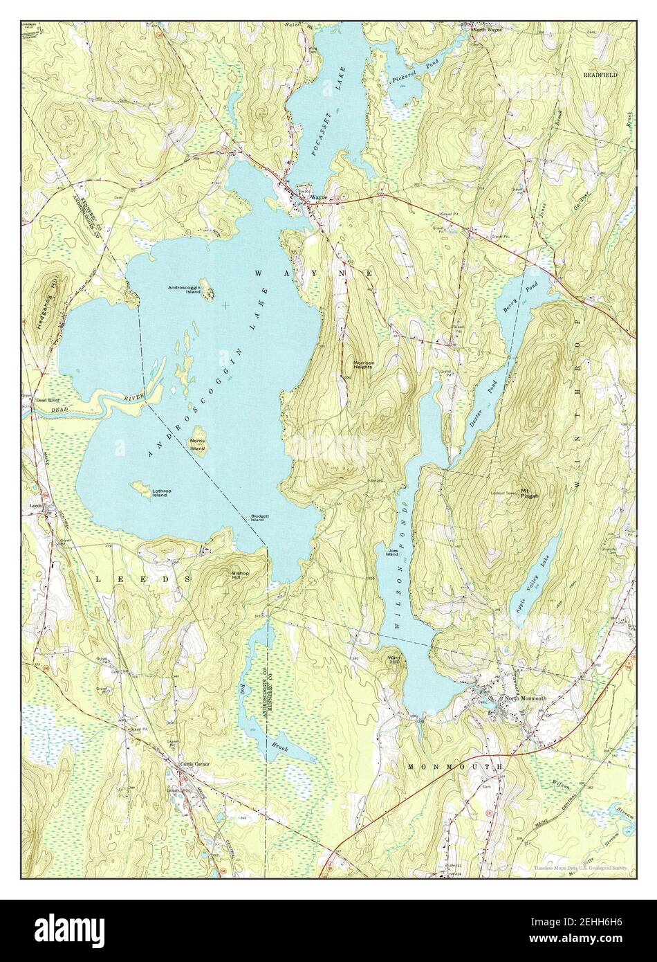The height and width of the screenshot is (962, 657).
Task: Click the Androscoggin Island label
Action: tap(183, 289)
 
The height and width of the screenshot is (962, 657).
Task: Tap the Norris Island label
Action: tap(198, 443)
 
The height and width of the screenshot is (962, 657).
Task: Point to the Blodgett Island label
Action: tap(259, 520)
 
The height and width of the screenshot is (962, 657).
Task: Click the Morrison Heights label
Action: tap(363, 363)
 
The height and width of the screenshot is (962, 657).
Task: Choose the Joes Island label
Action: tap(392, 552)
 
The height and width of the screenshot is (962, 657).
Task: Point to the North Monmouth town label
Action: tap(526, 698)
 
